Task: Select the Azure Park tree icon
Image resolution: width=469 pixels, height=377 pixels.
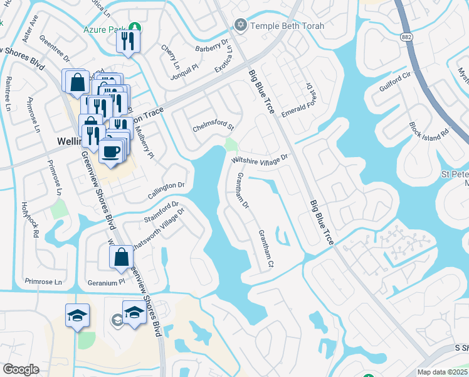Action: [x=134, y=28]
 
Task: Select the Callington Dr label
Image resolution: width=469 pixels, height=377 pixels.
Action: [x=167, y=186]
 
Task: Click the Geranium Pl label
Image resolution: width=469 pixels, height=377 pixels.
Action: [x=102, y=283]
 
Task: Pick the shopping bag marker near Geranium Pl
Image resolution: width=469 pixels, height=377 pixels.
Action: [x=121, y=257]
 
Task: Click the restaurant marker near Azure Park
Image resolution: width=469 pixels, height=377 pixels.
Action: [x=127, y=43]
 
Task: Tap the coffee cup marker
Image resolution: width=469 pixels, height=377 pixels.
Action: [x=111, y=153]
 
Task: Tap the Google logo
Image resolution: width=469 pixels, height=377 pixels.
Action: [x=21, y=369]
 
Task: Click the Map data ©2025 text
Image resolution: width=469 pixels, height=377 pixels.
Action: [x=442, y=372]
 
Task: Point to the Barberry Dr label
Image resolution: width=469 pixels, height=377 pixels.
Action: [x=211, y=45]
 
